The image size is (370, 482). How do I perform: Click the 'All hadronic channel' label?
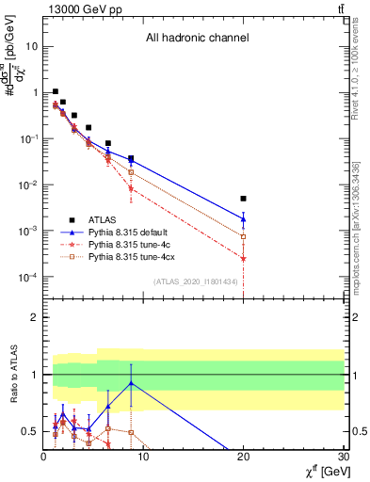[197, 39]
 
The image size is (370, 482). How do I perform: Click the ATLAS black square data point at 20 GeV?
[243, 199]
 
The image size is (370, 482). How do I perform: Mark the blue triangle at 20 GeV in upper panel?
[243, 219]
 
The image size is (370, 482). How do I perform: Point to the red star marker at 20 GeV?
[243, 258]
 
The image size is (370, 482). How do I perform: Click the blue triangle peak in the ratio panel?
[131, 383]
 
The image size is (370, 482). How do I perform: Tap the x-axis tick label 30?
[343, 458]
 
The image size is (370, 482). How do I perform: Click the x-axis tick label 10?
[143, 458]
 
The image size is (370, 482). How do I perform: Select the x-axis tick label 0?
[43, 458]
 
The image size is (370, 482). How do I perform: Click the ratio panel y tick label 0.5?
[29, 431]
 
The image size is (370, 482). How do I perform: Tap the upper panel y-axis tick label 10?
[32, 46]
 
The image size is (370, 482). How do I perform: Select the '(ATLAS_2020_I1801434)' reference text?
[195, 281]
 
